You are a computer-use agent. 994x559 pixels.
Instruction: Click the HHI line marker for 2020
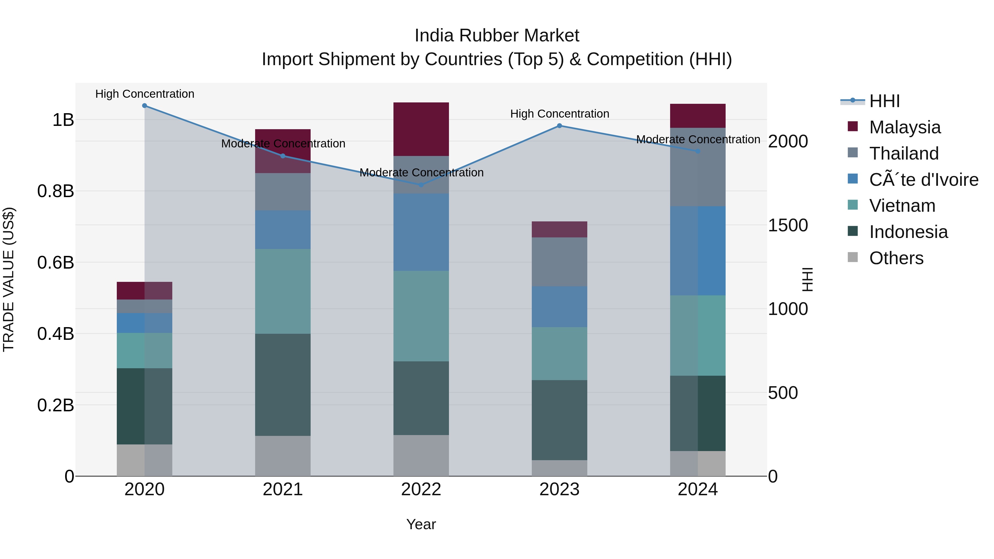point(144,105)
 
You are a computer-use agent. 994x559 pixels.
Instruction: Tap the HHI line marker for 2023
point(559,126)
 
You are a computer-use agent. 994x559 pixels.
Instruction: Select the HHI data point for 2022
point(421,185)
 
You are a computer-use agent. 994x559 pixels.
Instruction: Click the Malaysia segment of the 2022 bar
point(421,129)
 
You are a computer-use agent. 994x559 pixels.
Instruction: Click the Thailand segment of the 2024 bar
point(698,167)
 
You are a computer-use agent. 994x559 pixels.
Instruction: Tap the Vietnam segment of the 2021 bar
point(283,291)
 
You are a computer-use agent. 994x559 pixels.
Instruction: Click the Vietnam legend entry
point(902,206)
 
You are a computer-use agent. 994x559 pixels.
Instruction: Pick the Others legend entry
point(896,258)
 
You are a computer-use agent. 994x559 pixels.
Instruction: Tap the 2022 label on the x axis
point(421,489)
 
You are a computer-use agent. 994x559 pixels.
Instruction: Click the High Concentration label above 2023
point(559,114)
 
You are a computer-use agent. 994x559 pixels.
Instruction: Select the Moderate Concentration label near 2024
point(698,139)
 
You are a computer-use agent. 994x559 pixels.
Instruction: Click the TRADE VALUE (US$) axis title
point(9,279)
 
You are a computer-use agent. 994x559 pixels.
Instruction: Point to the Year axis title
point(421,524)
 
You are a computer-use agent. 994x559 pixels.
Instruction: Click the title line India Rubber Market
point(497,36)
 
